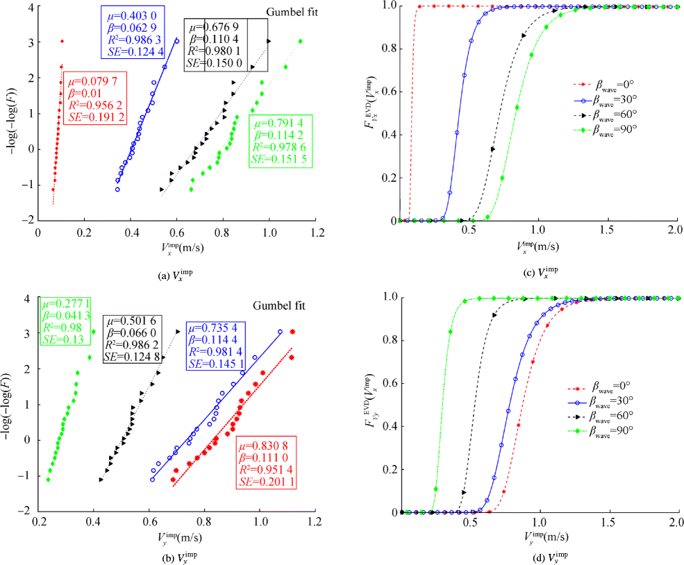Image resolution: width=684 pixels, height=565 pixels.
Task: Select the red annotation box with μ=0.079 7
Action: (x=96, y=97)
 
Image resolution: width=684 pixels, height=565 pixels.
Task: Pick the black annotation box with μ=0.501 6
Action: (x=133, y=339)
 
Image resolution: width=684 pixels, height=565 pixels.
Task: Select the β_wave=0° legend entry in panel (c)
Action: (x=613, y=85)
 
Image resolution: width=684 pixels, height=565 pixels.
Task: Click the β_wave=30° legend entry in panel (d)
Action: (x=613, y=402)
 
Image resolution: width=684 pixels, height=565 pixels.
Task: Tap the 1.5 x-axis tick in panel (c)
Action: (x=608, y=229)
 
